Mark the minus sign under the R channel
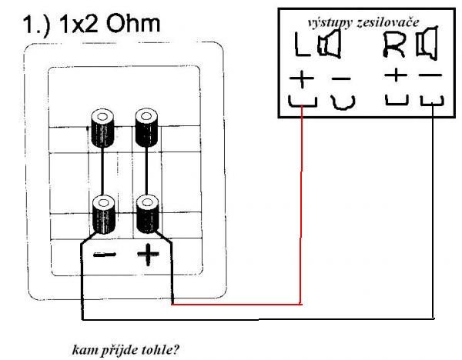point(431,76)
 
